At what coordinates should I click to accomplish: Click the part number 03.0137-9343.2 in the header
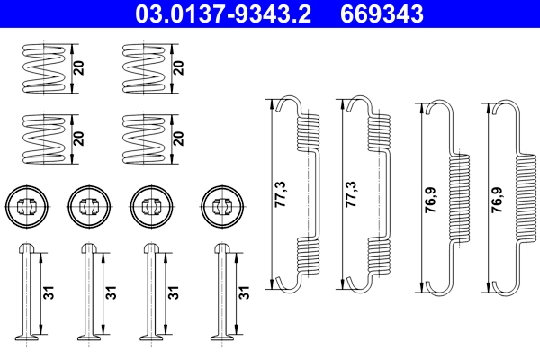pos(228,14)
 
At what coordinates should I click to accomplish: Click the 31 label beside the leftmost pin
pos(51,293)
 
